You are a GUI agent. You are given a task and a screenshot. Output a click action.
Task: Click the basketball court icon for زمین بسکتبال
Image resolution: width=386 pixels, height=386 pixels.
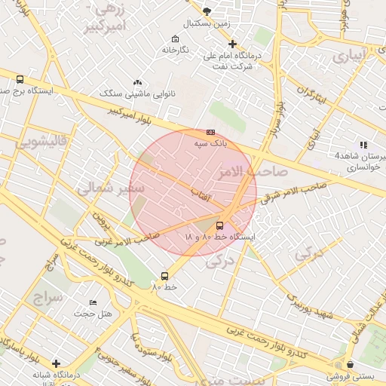pyautogui.click(x=207, y=11)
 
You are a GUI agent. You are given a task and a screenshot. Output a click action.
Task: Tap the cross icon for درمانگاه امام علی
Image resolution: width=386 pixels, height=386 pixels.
pyautogui.click(x=233, y=44)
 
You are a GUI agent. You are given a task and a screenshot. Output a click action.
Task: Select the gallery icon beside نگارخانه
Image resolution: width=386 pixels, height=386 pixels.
pyautogui.click(x=175, y=39)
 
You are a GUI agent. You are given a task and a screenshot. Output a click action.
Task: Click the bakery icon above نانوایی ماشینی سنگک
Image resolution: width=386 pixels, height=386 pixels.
pyautogui.click(x=136, y=82)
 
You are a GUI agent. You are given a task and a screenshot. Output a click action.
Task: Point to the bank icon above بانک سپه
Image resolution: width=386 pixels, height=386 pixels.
pyautogui.click(x=210, y=132)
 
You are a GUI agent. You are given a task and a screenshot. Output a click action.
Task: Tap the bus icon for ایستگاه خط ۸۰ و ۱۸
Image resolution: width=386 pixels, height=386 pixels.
pyautogui.click(x=220, y=225)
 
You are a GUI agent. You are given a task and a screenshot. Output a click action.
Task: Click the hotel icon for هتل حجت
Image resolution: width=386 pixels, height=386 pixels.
pyautogui.click(x=93, y=302)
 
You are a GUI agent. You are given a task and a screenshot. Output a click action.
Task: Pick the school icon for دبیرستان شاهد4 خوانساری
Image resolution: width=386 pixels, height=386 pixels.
pyautogui.click(x=363, y=145)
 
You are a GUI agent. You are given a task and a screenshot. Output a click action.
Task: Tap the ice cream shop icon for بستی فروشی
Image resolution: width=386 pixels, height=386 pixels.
pyautogui.click(x=349, y=364)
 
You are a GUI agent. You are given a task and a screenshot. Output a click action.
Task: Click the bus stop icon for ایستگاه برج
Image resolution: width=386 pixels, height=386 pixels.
pyautogui.click(x=19, y=78)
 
